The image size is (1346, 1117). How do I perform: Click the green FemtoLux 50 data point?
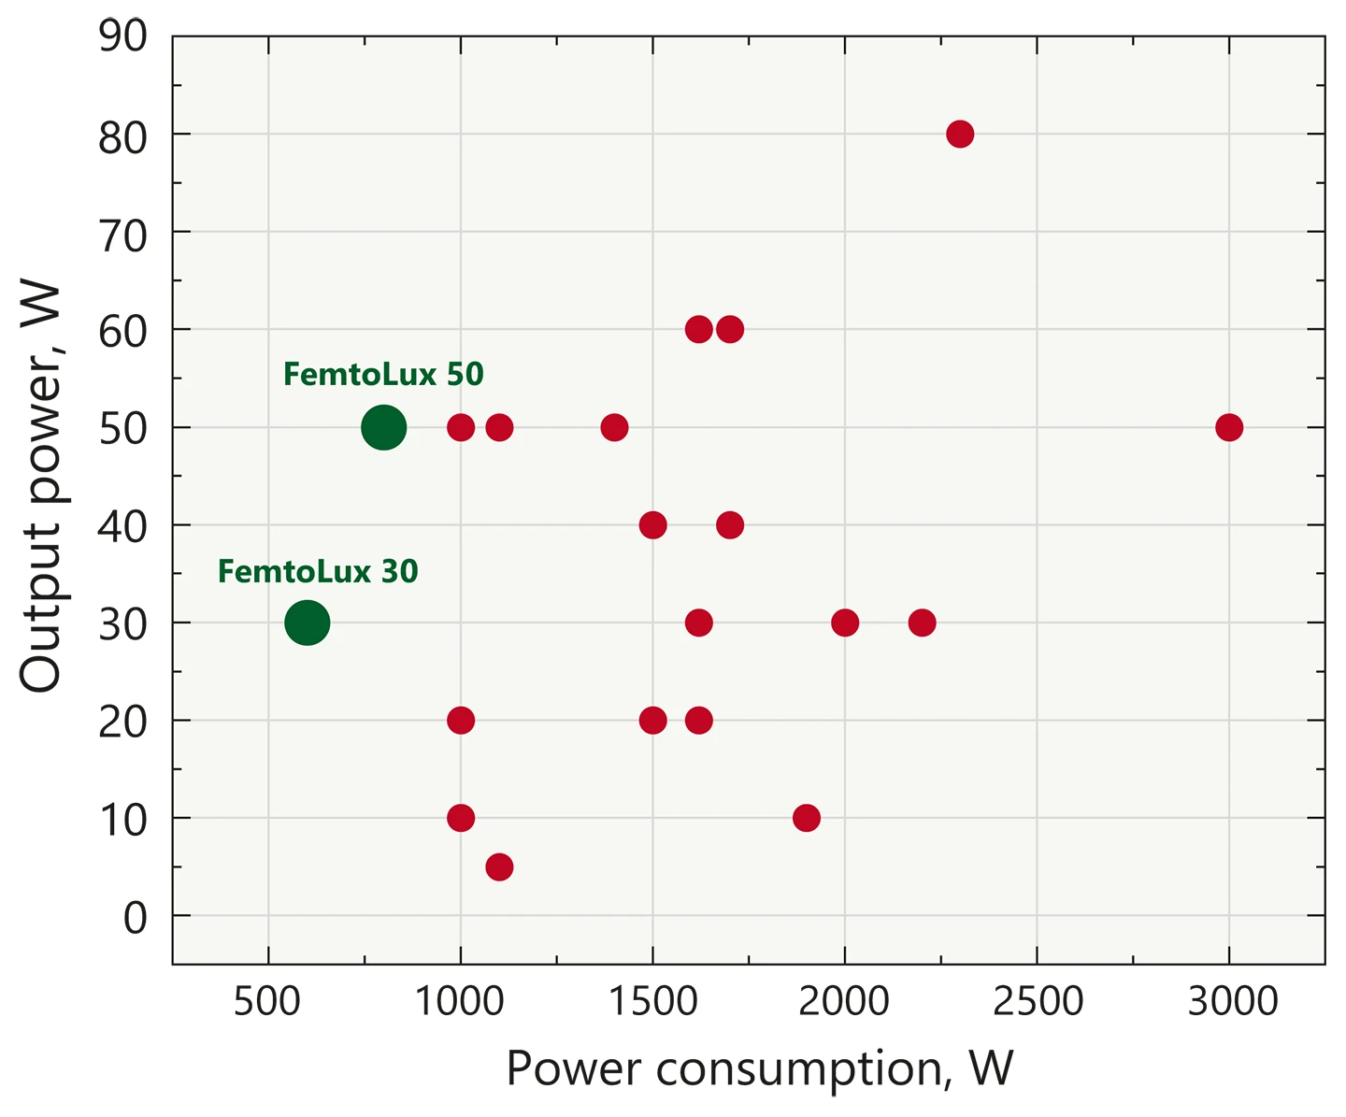[x=383, y=428]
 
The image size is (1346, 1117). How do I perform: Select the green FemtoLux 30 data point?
[x=307, y=623]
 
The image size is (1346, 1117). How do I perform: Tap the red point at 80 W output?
[x=959, y=135]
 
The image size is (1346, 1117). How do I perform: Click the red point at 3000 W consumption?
[x=1228, y=428]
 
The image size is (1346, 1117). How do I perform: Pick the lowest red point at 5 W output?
[x=499, y=867]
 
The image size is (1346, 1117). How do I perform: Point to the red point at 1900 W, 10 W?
[x=806, y=818]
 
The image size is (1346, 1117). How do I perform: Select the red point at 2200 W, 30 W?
[x=922, y=623]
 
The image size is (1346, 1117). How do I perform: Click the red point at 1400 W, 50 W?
[x=614, y=428]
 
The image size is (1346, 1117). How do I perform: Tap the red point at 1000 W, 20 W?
[x=461, y=721]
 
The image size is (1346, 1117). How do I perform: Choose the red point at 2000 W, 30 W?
[x=844, y=623]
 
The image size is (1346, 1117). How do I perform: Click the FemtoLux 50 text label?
[x=383, y=375]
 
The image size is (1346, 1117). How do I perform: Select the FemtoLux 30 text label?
[x=318, y=571]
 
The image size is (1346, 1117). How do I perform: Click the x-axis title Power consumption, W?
[x=759, y=1068]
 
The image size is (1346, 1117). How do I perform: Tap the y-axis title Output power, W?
[x=41, y=488]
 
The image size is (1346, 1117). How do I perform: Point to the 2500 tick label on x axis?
[x=1038, y=1002]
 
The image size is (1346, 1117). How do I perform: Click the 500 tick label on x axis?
[x=268, y=1002]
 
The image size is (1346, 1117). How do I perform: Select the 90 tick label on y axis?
[x=123, y=37]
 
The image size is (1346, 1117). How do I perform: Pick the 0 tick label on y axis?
[x=136, y=918]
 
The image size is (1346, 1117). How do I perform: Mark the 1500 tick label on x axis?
[x=652, y=1002]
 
